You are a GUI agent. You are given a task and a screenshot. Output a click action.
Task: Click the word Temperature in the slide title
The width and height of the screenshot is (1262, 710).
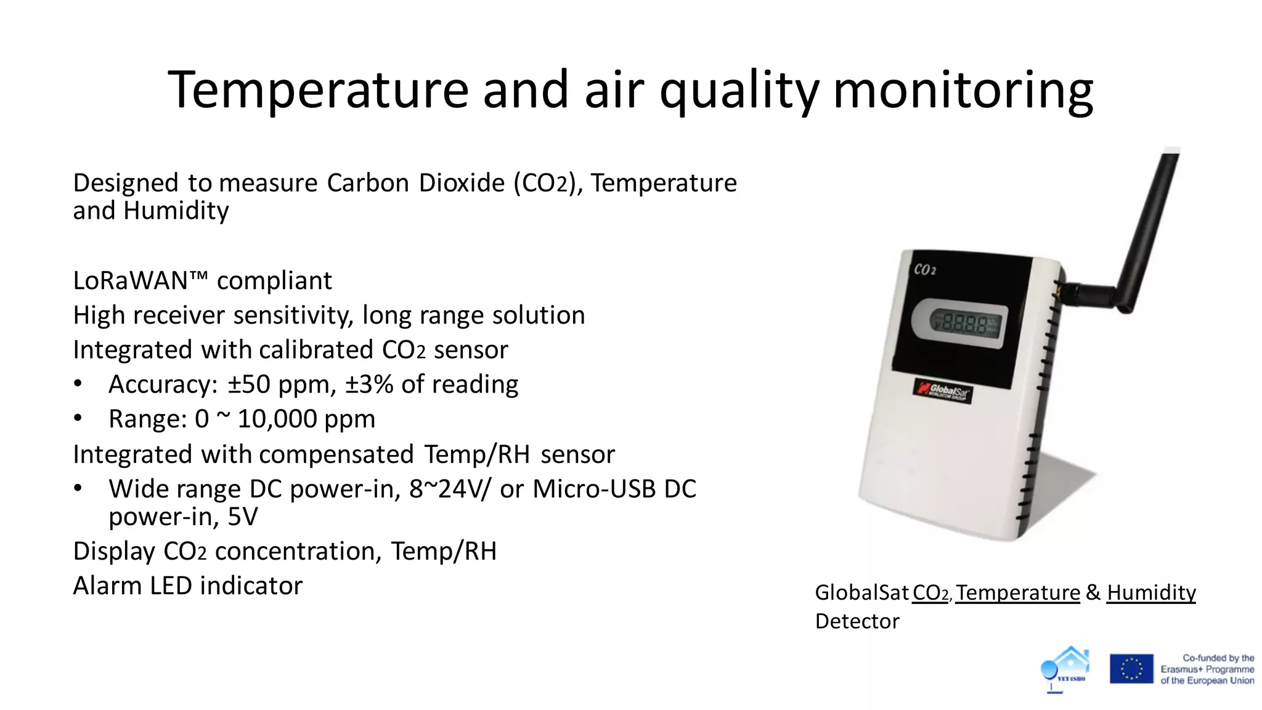tap(317, 91)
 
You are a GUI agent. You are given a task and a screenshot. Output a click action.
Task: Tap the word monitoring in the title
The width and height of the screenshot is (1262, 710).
tap(963, 91)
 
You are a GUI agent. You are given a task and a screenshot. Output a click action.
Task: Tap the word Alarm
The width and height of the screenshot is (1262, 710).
tap(107, 586)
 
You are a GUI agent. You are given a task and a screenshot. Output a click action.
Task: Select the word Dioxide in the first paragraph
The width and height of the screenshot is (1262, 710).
tap(462, 183)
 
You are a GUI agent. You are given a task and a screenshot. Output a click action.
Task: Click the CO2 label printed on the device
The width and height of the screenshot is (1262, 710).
tap(924, 269)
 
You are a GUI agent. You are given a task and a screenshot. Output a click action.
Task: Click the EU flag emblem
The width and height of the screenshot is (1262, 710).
tap(1131, 669)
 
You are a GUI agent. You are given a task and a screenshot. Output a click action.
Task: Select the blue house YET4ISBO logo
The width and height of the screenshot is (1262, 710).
tap(1066, 669)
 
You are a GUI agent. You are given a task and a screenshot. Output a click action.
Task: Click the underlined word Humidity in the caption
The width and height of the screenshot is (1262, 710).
tap(1150, 592)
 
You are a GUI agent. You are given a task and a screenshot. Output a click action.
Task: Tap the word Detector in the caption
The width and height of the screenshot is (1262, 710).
tap(857, 621)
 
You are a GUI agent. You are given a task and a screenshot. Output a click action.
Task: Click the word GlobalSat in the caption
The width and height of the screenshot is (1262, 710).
tap(861, 592)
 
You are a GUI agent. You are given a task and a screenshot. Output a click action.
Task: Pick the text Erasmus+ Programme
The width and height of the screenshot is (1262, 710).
tap(1207, 669)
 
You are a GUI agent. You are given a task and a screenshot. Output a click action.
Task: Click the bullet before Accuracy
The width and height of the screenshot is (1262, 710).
tap(78, 384)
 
